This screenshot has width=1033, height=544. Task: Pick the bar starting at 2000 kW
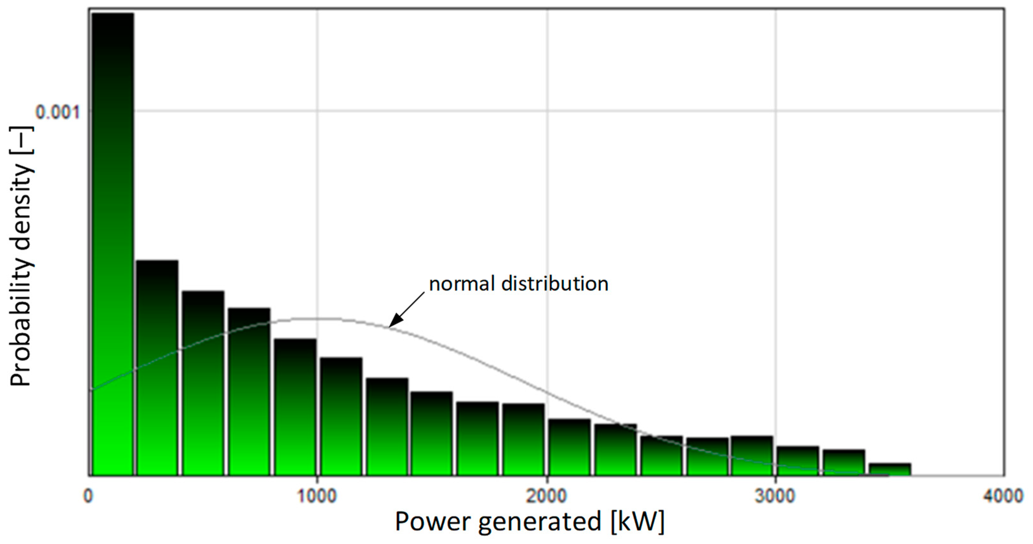(570, 447)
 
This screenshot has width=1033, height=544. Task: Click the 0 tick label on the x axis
(88, 496)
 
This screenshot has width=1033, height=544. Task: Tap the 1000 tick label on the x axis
(317, 496)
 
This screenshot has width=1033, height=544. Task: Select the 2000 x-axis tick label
(547, 496)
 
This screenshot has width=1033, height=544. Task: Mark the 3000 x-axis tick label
(775, 496)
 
